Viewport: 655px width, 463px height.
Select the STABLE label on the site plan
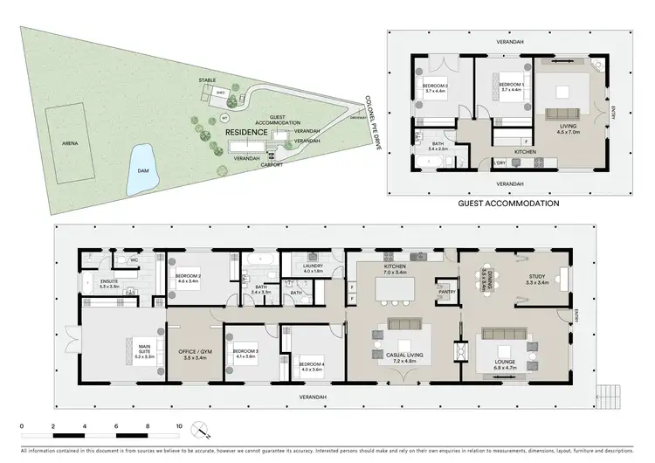coord(206,79)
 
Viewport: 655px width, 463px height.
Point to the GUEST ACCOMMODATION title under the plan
coord(508,203)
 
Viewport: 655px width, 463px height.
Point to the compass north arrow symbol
coord(203,430)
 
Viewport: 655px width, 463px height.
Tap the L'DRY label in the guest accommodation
coord(500,163)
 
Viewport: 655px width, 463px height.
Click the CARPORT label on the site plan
coord(270,163)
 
